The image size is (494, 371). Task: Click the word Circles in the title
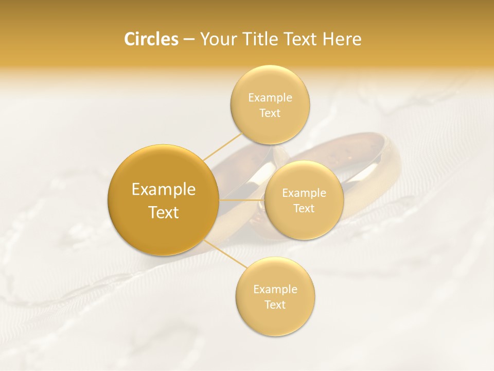(x=151, y=39)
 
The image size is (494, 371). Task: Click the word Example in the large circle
(x=164, y=190)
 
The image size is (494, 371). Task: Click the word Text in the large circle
(x=164, y=212)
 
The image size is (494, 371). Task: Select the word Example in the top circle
(x=270, y=98)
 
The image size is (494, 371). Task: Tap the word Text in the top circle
(x=270, y=113)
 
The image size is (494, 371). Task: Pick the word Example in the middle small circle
(x=304, y=193)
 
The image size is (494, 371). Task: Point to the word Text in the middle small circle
(x=304, y=209)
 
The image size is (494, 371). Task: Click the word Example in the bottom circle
(x=275, y=290)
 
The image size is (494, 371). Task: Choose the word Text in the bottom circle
(x=275, y=305)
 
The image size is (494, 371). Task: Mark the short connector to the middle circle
(x=242, y=200)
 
